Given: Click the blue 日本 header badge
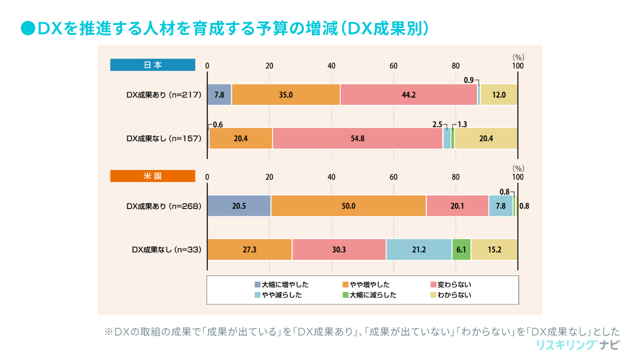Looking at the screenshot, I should pyautogui.click(x=152, y=65).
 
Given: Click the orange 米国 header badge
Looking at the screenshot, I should pyautogui.click(x=152, y=176).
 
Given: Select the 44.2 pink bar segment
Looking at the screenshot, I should pyautogui.click(x=408, y=94).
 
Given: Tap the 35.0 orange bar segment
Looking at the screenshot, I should pyautogui.click(x=285, y=94).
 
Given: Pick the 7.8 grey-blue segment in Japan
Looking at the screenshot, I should pyautogui.click(x=219, y=94).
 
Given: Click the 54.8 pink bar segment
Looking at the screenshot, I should pyautogui.click(x=357, y=138).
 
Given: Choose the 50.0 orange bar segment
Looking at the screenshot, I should pyautogui.click(x=348, y=206).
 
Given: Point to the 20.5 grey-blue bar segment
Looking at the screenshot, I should pyautogui.click(x=239, y=206).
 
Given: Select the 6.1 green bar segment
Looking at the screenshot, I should pyautogui.click(x=461, y=249).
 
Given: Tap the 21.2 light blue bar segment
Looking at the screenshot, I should pyautogui.click(x=418, y=249).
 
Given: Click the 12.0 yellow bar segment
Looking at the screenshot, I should pyautogui.click(x=499, y=94).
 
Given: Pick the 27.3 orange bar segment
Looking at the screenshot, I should pyautogui.click(x=249, y=249).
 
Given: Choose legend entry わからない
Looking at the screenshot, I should pyautogui.click(x=454, y=295).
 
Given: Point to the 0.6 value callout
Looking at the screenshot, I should pyautogui.click(x=217, y=125).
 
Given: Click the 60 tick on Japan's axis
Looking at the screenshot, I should pyautogui.click(x=393, y=65).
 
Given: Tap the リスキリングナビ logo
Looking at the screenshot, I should pyautogui.click(x=577, y=345).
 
